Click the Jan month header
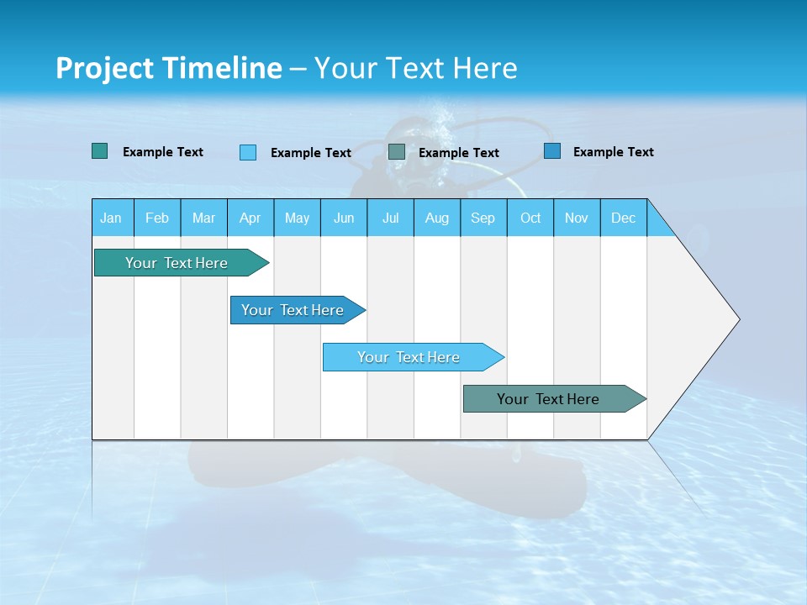[x=111, y=218]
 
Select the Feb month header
[x=157, y=218]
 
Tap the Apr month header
[x=250, y=218]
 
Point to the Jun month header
[x=344, y=218]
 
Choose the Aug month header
[x=436, y=218]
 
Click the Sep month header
[x=483, y=218]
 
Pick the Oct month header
[x=530, y=218]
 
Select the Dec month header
[x=623, y=218]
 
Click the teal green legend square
[x=100, y=151]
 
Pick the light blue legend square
[x=248, y=152]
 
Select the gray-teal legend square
[x=397, y=152]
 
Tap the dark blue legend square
[x=552, y=151]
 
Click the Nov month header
[x=577, y=218]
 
